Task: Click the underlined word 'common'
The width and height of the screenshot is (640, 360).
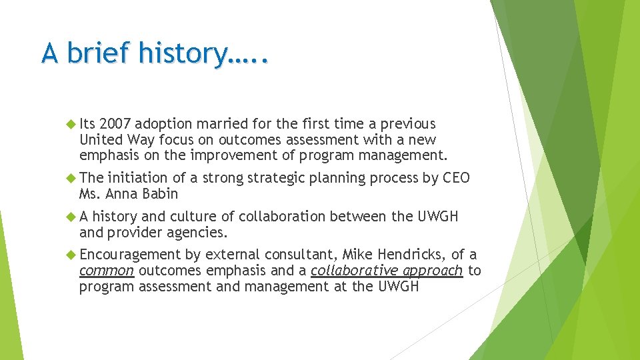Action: click(107, 271)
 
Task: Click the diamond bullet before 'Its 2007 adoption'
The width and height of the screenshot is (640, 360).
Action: click(72, 124)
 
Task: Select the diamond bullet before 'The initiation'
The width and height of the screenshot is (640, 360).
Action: click(72, 178)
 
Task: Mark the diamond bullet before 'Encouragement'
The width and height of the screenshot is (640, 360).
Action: click(72, 255)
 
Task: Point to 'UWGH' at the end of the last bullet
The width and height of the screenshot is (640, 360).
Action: click(399, 287)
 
